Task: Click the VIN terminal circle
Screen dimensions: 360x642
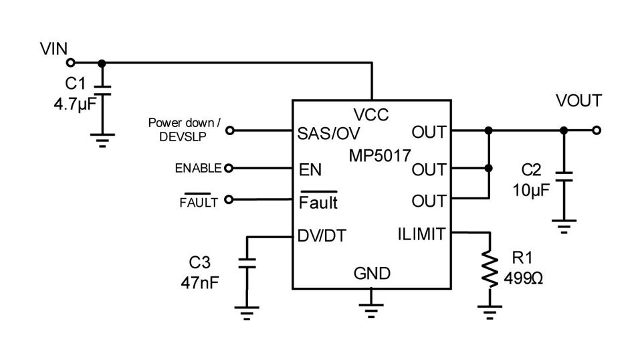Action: (x=70, y=64)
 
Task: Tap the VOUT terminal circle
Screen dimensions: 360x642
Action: (x=597, y=130)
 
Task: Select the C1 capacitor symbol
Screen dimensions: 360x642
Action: (x=102, y=90)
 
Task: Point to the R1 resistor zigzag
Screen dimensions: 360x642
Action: (x=491, y=270)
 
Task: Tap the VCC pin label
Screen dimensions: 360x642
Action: (x=371, y=115)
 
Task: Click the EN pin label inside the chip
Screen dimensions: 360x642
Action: (x=310, y=170)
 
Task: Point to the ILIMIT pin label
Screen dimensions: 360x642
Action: (x=419, y=234)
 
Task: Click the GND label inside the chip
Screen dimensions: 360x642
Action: (x=372, y=274)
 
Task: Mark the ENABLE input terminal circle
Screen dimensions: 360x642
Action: (x=229, y=169)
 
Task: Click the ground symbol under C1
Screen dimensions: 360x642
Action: (x=102, y=139)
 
